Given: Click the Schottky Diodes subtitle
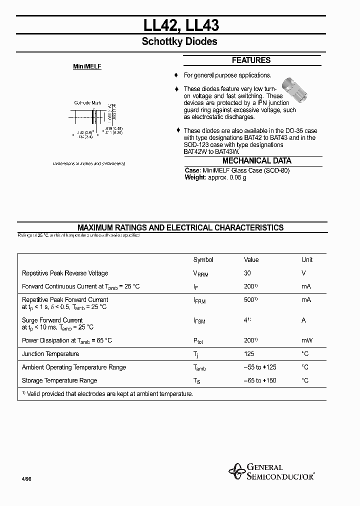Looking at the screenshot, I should coord(179,42).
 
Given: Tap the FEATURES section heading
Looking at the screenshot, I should coord(251,60).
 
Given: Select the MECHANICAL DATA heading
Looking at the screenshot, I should coord(256,161).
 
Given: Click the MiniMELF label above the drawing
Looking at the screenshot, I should coord(87,66).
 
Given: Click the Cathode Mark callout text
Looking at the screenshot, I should coord(87,103).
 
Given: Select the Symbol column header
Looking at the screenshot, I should coord(203,259).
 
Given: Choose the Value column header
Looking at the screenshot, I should coord(251,259).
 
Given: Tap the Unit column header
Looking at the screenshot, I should coord(306,259).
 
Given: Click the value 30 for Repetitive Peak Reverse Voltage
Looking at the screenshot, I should coord(247,273).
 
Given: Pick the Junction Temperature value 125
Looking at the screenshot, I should coord(248,353).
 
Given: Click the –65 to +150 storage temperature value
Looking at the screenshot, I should coord(259,380).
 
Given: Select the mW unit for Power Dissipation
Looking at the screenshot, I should coord(306,340).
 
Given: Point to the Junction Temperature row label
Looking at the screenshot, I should coord(50,353).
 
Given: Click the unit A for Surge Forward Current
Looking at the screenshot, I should coord(303,320).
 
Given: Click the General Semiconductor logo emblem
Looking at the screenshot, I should coord(236,470).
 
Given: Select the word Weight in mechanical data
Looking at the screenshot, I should coord(195,177).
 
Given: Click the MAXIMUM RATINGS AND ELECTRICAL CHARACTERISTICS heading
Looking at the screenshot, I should coord(180,227).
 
